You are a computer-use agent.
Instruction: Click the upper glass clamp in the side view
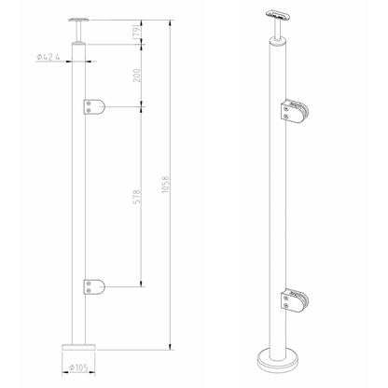pos(93,108)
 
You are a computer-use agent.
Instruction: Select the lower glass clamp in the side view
pos(93,285)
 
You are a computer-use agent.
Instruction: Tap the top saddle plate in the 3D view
pos(275,15)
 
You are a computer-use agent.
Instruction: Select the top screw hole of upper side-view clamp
pos(88,103)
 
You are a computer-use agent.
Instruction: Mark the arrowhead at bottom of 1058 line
pos(170,346)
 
